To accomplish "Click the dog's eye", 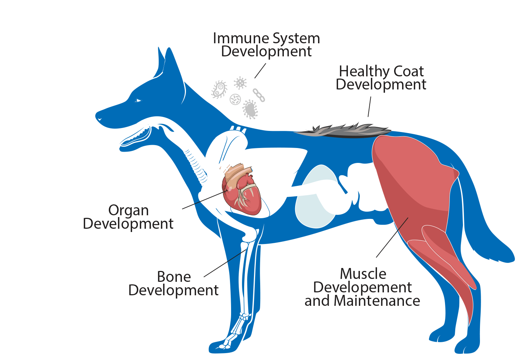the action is coord(138,100).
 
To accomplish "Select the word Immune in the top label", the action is coord(241,38).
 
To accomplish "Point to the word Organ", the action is coord(128,211).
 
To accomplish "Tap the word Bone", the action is coord(174,277).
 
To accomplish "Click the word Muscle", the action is coord(363,274).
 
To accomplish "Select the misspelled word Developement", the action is coord(362,288).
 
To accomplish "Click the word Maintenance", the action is coord(377,301).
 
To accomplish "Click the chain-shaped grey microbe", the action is coord(259,95).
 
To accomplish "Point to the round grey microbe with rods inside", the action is coord(235,99).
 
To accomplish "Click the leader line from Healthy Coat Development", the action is coord(369,107).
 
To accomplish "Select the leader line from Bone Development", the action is coord(225,263).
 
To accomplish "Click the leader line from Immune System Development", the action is coord(260,71).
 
